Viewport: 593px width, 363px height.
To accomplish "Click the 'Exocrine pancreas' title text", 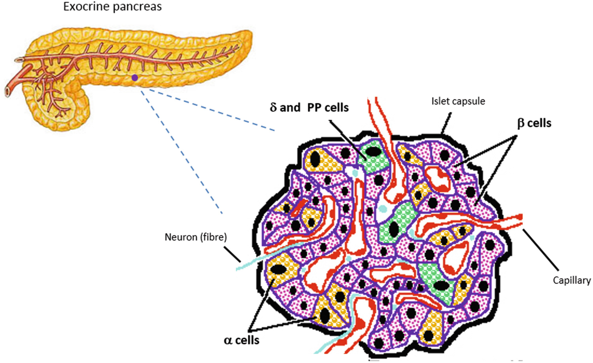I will pyautogui.click(x=112, y=7).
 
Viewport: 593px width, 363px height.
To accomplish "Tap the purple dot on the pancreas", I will pyautogui.click(x=135, y=78).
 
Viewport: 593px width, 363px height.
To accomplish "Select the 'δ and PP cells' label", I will pyautogui.click(x=309, y=108).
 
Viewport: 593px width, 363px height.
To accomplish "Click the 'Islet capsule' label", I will pyautogui.click(x=458, y=101).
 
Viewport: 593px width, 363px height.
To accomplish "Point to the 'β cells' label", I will pyautogui.click(x=534, y=123).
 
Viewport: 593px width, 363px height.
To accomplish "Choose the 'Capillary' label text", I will pyautogui.click(x=571, y=280).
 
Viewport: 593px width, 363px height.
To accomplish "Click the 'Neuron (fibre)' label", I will pyautogui.click(x=196, y=237).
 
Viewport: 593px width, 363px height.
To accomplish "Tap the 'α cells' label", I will pyautogui.click(x=242, y=340).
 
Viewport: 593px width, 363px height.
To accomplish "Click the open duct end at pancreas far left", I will pyautogui.click(x=8, y=92).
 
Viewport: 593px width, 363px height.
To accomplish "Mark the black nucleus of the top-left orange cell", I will pyautogui.click(x=315, y=159).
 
